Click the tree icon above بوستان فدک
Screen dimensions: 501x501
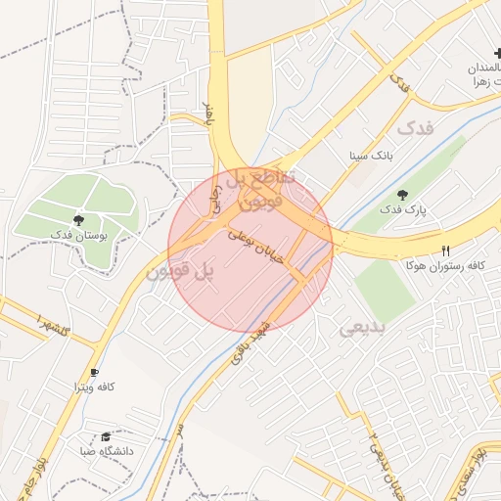click(x=78, y=219)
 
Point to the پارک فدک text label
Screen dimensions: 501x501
click(x=403, y=210)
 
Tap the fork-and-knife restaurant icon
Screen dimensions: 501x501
click(x=446, y=250)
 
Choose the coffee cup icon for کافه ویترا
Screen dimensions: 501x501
click(x=94, y=372)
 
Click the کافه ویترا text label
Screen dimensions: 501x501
click(x=95, y=387)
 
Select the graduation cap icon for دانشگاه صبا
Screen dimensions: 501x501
click(x=106, y=436)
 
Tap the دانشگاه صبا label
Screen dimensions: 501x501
click(x=104, y=452)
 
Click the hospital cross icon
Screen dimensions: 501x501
click(x=497, y=54)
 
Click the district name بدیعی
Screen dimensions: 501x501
click(x=363, y=329)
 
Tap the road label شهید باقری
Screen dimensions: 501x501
click(x=249, y=342)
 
